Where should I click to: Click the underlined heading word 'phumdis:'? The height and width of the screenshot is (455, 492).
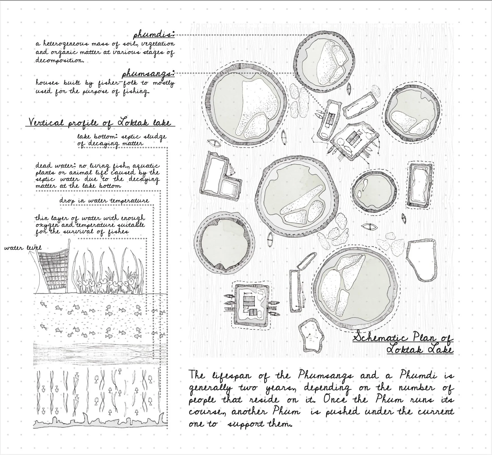pyautogui.click(x=154, y=35)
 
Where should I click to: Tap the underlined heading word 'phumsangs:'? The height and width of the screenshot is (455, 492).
pyautogui.click(x=148, y=74)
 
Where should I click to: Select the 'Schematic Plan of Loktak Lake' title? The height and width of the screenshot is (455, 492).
pyautogui.click(x=403, y=343)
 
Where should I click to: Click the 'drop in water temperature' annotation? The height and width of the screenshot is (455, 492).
pyautogui.click(x=104, y=201)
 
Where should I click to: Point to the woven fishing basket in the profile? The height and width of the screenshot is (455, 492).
pyautogui.click(x=52, y=268)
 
